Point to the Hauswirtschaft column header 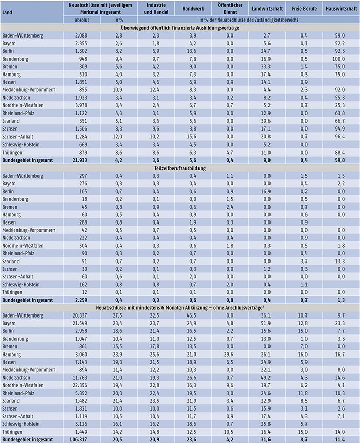(x=338, y=9)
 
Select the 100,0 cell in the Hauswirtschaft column (x=338, y=59)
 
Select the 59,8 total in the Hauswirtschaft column (x=338, y=160)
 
